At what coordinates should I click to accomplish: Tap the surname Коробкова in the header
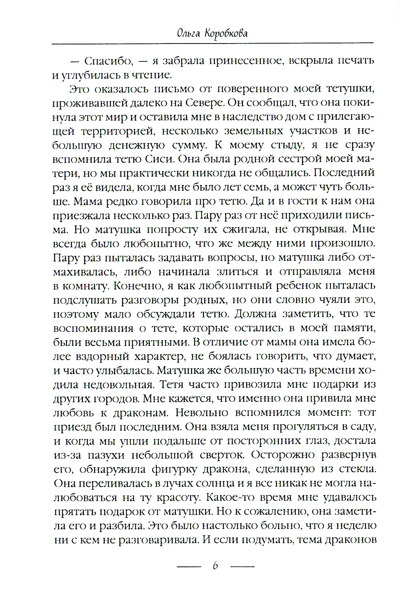point(227,33)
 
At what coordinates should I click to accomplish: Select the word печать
point(355,62)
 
